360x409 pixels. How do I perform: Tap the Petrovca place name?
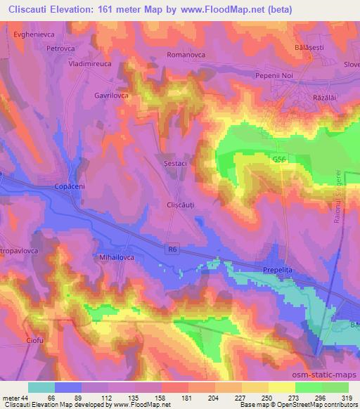[60, 48]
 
